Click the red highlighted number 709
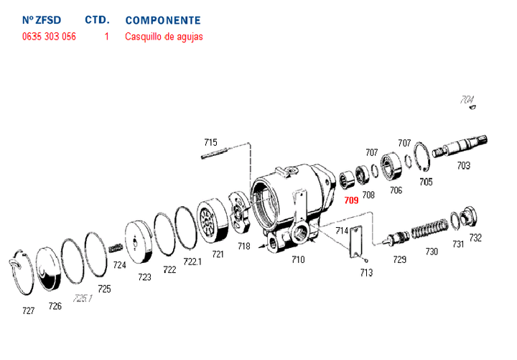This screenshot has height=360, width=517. click(351, 200)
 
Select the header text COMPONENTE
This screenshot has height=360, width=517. click(163, 20)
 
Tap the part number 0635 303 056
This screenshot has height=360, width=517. click(49, 36)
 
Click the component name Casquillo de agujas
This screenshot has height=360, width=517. click(164, 36)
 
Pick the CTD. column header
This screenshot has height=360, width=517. click(97, 20)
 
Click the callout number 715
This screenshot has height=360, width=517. click(210, 142)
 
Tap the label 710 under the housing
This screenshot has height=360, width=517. click(298, 259)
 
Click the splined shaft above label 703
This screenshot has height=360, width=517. click(462, 147)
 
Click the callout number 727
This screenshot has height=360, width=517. click(28, 312)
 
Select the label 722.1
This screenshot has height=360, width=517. click(192, 262)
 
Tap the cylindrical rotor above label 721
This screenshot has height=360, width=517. click(211, 221)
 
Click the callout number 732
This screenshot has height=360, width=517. click(475, 238)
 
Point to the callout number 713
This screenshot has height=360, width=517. click(366, 272)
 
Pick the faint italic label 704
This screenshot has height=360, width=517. click(467, 100)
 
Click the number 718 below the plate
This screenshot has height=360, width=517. click(244, 246)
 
